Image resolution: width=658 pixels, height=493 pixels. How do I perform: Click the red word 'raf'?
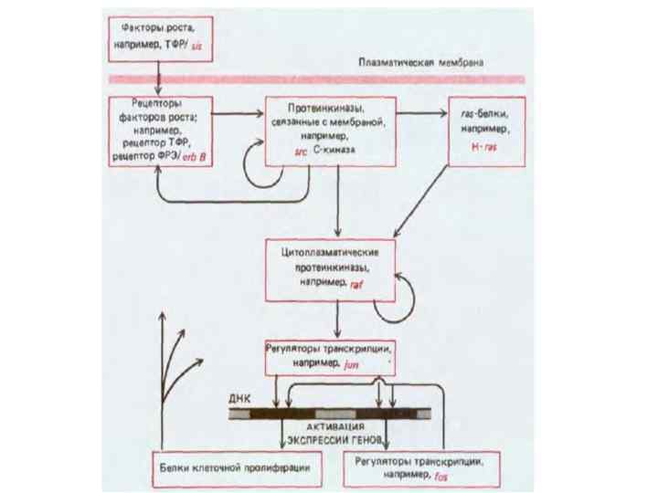(x=357, y=285)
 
